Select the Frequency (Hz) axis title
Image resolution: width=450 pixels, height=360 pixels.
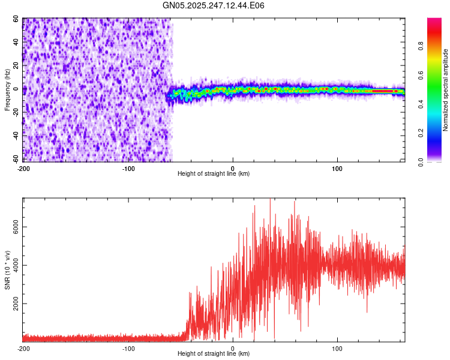[7, 90]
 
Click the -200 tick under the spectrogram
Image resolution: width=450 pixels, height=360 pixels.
[23, 167]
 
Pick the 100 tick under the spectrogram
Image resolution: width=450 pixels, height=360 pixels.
[337, 167]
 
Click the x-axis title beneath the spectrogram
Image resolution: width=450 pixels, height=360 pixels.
[214, 173]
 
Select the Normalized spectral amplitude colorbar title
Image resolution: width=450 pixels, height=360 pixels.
[446, 90]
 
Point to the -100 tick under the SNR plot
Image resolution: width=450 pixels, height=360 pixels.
[128, 348]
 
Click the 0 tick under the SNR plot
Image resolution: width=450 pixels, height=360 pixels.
[233, 348]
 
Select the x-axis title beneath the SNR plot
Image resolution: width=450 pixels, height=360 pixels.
[214, 354]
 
